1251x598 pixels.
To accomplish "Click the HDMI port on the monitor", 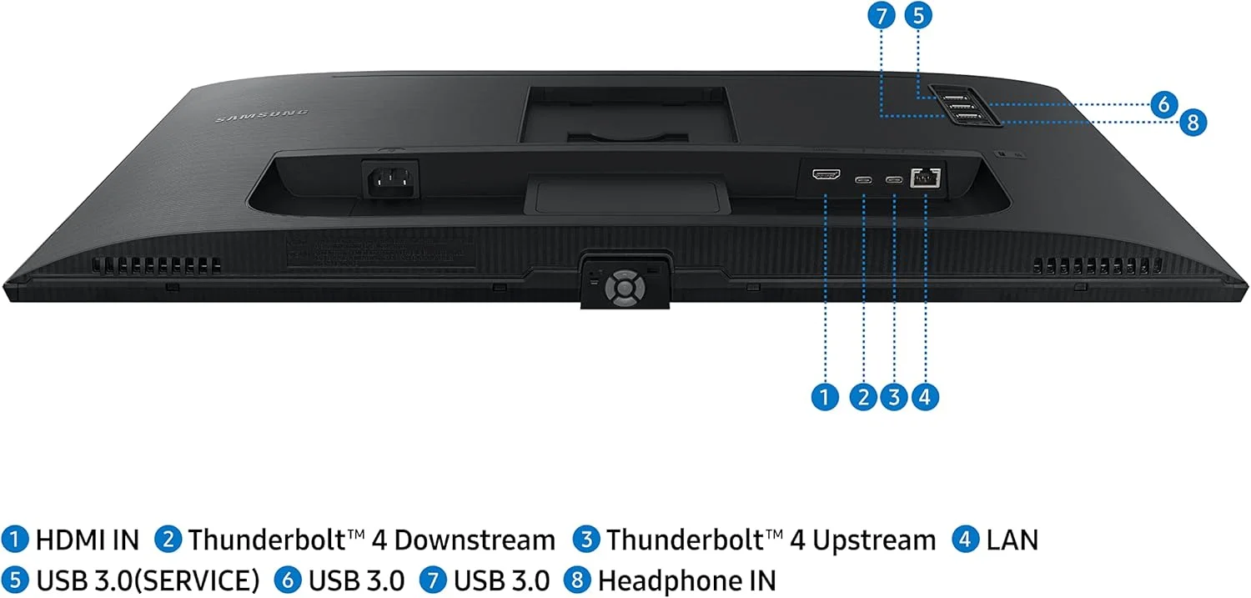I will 826,176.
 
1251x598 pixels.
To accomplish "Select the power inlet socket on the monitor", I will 389,178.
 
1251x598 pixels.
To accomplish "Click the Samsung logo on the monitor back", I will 262,116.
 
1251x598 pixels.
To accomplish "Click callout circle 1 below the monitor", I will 825,397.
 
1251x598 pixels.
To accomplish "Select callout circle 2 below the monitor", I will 864,397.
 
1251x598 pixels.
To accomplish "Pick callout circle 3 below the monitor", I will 894,397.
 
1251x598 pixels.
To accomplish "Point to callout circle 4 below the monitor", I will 925,397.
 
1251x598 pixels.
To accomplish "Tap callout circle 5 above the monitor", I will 919,16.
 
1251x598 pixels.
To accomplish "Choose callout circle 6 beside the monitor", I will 1163,105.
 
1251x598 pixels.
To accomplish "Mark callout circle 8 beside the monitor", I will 1193,123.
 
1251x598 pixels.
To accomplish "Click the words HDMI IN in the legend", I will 87,540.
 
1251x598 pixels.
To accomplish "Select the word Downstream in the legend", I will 475,540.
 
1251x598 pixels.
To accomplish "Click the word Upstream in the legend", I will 874,540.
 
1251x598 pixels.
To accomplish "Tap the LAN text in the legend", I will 1012,540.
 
